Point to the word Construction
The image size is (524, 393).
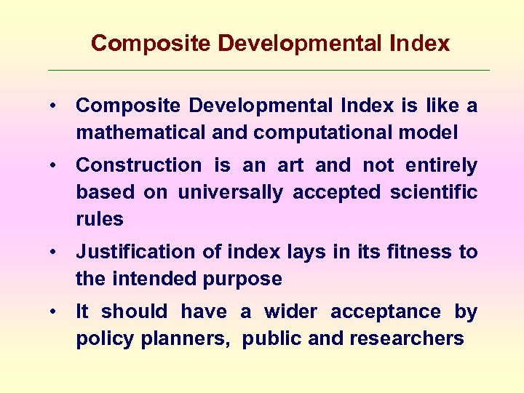coord(138,166)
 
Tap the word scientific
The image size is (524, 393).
coord(434,193)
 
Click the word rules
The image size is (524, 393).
coord(100,219)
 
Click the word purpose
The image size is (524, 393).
coord(245,279)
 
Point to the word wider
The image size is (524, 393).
coord(291,312)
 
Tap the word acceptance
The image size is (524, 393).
coord(386,312)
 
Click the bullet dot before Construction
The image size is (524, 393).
coord(55,166)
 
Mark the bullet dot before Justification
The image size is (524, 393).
coord(55,253)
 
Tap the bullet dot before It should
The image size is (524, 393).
coord(55,312)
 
